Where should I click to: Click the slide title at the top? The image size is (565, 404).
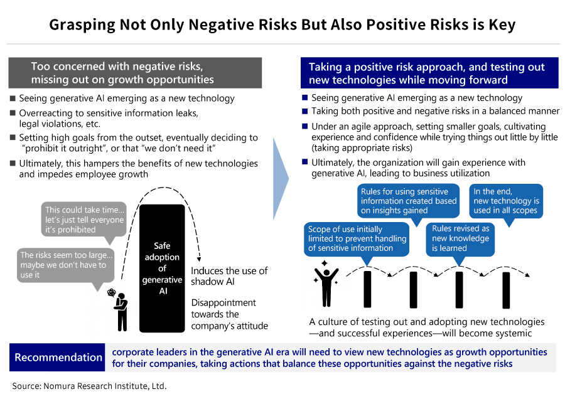pos(282,25)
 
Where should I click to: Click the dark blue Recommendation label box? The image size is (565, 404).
pos(58,358)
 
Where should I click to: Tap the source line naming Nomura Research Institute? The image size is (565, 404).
pos(89,386)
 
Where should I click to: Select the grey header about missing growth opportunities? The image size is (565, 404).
pos(134,73)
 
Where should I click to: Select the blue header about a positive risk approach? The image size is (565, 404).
pos(427,73)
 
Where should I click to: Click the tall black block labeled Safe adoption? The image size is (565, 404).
pos(162,268)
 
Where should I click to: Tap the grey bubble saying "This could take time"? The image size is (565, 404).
pos(84,220)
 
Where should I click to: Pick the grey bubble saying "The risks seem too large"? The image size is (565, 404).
pos(63,265)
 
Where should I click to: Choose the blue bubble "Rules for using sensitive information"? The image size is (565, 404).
pos(409,201)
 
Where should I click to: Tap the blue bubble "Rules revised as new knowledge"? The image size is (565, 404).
pos(460,238)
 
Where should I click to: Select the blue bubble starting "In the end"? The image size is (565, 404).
pos(506,201)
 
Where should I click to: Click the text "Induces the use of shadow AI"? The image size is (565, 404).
pos(229,276)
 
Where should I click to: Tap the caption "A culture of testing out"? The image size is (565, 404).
pos(426,327)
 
